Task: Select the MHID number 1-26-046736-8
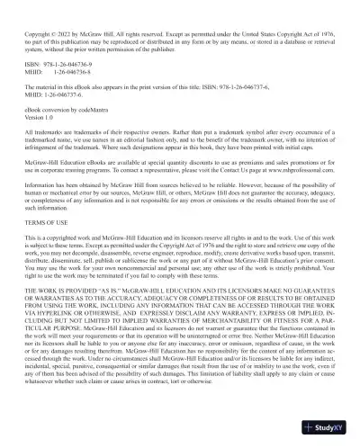[65, 73]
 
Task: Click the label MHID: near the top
[35, 73]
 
